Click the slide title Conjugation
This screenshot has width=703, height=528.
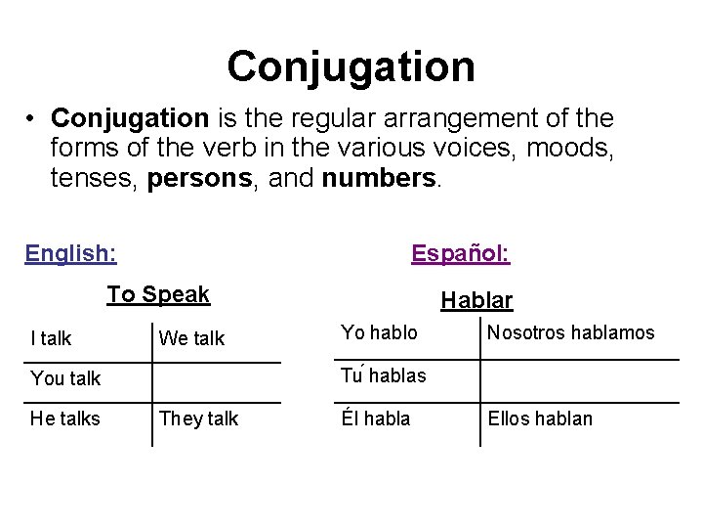pyautogui.click(x=351, y=66)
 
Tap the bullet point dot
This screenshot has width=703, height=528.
pyautogui.click(x=32, y=120)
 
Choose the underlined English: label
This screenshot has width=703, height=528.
pyautogui.click(x=71, y=254)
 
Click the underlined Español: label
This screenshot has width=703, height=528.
pyautogui.click(x=460, y=254)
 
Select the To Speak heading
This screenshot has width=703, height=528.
pyautogui.click(x=158, y=294)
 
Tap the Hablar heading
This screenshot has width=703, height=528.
pyautogui.click(x=476, y=300)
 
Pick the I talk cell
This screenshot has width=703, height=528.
pyautogui.click(x=51, y=338)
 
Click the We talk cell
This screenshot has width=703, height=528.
pyautogui.click(x=191, y=338)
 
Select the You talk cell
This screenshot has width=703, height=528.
pyautogui.click(x=65, y=378)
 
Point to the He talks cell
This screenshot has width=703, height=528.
pyautogui.click(x=65, y=418)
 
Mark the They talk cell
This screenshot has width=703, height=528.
pyautogui.click(x=198, y=418)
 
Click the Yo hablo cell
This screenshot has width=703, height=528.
pyautogui.click(x=379, y=332)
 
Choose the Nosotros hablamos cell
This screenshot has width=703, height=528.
pyautogui.click(x=571, y=332)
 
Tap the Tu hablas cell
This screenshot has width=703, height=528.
pyautogui.click(x=383, y=374)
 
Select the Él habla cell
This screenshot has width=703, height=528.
pyautogui.click(x=375, y=418)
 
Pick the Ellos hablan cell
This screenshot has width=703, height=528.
pyautogui.click(x=540, y=418)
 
